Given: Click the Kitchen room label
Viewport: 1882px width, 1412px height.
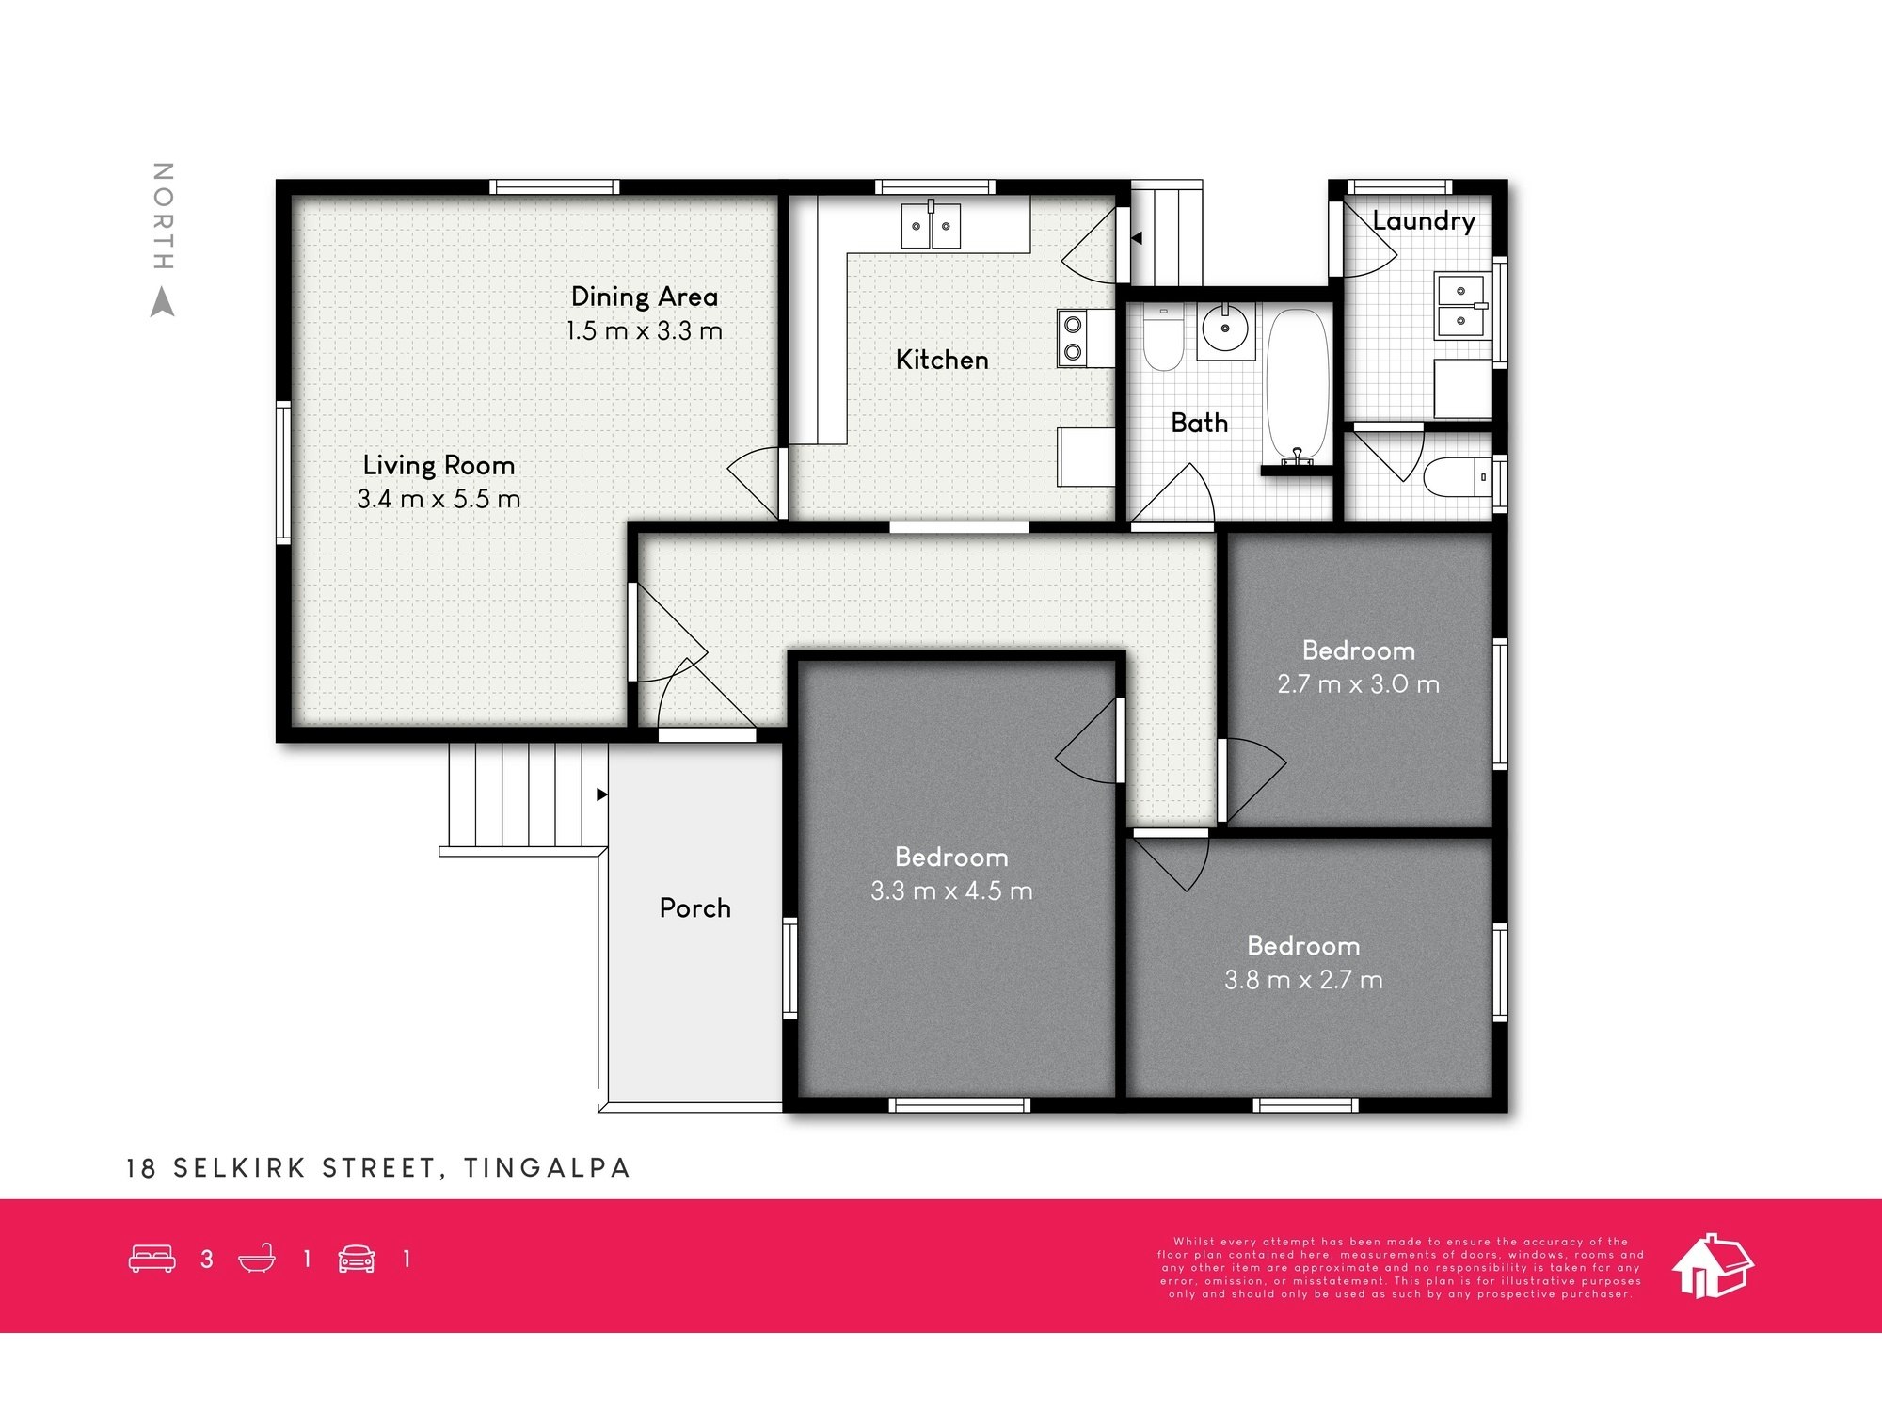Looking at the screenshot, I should pos(942,360).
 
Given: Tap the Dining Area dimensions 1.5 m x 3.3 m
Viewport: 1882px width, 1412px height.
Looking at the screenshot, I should pos(645,331).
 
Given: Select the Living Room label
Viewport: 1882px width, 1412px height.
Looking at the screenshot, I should pos(439,465).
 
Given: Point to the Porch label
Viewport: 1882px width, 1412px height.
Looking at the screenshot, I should pos(694,907).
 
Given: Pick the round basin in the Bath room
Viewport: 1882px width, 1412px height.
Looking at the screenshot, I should pos(1225,329).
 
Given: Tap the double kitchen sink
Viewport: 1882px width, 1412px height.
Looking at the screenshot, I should pos(931,226).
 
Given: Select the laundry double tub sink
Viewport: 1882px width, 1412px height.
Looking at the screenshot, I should pos(1460,306).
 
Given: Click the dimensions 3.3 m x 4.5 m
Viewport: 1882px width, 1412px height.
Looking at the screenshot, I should pos(951,891).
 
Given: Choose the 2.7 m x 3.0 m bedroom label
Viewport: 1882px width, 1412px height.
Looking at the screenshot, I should pos(1358,650).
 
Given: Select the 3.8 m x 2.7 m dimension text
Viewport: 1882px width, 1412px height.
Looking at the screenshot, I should pos(1303,980).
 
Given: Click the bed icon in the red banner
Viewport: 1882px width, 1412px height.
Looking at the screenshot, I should pos(152,1259).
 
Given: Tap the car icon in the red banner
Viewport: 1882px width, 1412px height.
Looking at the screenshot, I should pos(357,1259).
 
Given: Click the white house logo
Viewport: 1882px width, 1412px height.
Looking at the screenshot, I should pos(1712,1266).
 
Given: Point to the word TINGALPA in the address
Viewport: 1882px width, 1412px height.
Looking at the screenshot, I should pos(547,1168).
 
